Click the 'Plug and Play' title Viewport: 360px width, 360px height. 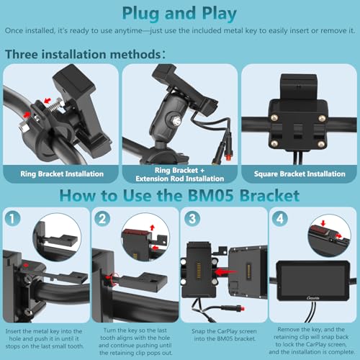[x=179, y=14]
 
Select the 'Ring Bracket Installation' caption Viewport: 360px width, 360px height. [x=62, y=174]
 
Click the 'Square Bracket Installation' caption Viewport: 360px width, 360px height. [x=300, y=174]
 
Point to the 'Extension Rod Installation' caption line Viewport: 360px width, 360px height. [x=180, y=179]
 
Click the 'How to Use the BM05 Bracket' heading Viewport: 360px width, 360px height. [x=179, y=196]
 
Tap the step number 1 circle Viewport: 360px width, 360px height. [x=12, y=218]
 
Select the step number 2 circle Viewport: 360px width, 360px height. [x=102, y=219]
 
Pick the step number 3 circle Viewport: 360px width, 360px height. [x=192, y=219]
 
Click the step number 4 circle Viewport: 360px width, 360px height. [x=280, y=219]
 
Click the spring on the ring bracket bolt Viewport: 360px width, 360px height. [x=55, y=107]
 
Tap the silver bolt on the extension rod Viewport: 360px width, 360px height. [x=176, y=121]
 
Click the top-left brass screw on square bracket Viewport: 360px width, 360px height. [x=274, y=117]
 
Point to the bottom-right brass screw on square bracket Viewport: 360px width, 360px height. [x=321, y=144]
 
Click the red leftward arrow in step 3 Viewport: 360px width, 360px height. [x=225, y=272]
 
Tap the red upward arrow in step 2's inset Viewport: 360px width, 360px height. [x=152, y=228]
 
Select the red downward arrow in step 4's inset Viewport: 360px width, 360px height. [x=323, y=223]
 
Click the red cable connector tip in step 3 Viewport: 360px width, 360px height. [x=243, y=308]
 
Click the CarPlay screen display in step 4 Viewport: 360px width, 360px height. [x=313, y=280]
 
